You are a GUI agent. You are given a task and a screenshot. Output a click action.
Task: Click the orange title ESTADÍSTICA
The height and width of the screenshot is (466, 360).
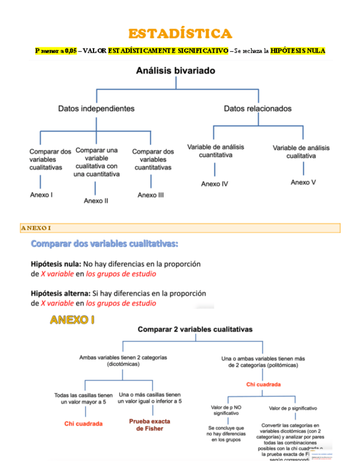coord(180,34)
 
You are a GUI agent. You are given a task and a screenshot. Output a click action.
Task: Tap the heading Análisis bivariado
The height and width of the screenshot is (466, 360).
coord(176,71)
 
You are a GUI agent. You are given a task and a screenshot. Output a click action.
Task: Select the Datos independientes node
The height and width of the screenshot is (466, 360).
coord(96,109)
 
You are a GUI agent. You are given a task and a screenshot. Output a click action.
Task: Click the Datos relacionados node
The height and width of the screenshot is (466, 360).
coord(258,109)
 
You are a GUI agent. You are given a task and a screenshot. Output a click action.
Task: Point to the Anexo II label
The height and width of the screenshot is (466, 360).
coord(96,201)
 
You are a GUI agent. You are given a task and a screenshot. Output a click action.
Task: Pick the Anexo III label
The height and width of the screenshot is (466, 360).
coord(151,195)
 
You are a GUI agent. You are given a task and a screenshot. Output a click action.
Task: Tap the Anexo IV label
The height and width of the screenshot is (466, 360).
coord(214,184)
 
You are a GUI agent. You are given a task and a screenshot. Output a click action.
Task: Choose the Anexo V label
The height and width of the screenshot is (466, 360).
coord(303,182)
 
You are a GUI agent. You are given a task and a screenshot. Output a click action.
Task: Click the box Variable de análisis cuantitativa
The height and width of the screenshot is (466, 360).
coord(215,151)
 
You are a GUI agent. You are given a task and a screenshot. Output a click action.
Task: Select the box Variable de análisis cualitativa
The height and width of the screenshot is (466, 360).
coord(301,152)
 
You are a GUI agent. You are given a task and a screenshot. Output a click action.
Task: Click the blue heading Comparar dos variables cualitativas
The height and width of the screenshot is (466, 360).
coord(104,243)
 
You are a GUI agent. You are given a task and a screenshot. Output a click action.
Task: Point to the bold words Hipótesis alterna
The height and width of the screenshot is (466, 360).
coord(60,293)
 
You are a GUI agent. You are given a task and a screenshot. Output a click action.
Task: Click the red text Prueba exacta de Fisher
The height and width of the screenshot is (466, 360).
coord(149,425)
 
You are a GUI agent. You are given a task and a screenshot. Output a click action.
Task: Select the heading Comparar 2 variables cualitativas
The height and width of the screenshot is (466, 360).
coord(195,330)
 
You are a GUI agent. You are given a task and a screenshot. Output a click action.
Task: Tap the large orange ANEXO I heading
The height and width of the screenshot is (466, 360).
coord(72,320)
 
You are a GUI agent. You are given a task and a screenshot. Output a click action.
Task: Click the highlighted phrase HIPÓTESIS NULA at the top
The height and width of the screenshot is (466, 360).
coord(298,51)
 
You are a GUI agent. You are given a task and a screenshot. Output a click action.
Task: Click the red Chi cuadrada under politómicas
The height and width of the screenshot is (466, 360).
coord(263,385)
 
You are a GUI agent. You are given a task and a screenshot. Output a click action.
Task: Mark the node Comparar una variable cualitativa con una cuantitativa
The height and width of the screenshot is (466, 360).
coord(97,162)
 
